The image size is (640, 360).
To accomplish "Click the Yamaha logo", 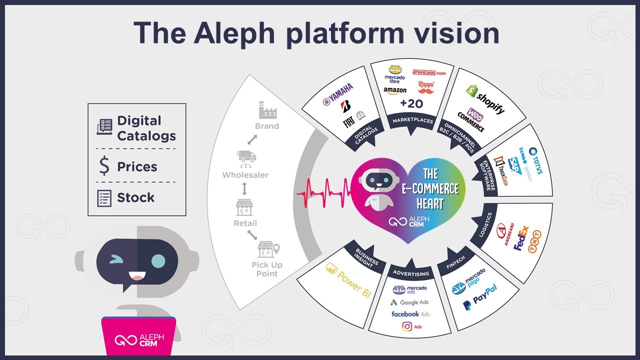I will tap(338, 94).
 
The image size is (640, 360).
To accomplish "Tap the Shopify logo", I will tap(485, 98).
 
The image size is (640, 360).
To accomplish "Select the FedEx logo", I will tap(521, 238).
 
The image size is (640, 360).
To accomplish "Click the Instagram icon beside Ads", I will tap(406, 326).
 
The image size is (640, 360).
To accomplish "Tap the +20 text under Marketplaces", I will tap(411, 104).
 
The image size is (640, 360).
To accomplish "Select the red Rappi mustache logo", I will tap(425, 87).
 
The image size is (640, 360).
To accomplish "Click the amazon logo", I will tap(394, 90).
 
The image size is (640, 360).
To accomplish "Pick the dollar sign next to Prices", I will tap(104, 166).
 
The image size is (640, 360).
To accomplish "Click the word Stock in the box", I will tap(135, 197).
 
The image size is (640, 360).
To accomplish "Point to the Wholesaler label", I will tap(245, 175).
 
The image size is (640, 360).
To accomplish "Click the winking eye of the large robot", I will tap(115, 259).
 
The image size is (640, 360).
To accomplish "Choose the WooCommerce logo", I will tap(471, 120).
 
